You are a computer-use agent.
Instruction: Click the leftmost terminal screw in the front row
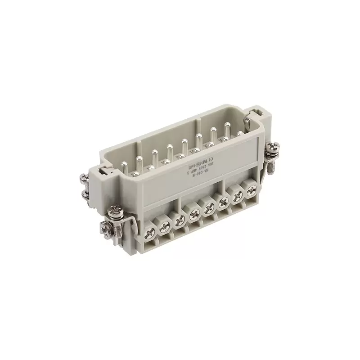coord(150,231)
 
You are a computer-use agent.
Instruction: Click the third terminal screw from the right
coord(223,201)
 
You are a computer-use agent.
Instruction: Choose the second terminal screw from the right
coord(238,195)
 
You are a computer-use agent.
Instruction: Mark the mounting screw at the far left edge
coord(84,184)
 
